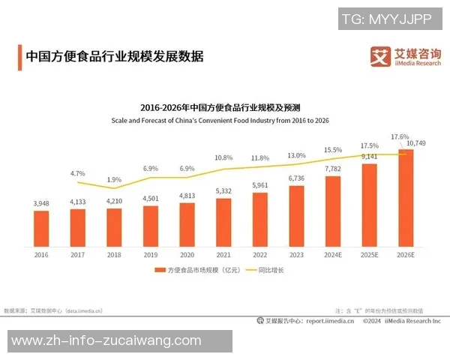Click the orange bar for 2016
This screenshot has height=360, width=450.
41,229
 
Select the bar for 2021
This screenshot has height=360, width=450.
223,223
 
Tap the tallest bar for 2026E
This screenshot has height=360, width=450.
405,199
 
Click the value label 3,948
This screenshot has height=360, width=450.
41,203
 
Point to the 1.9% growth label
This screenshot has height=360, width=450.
114,179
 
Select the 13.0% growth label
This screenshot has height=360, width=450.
296,154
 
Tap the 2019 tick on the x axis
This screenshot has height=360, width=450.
150,255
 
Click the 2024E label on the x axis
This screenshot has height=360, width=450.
332,255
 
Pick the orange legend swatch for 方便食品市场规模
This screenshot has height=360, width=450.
159,269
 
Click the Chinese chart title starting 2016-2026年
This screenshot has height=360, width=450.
220,107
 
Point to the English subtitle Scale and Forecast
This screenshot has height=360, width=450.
220,120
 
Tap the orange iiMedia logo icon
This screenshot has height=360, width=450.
382,56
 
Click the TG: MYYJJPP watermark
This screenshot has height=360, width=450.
386,19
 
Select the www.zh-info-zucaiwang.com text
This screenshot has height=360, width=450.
106,341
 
